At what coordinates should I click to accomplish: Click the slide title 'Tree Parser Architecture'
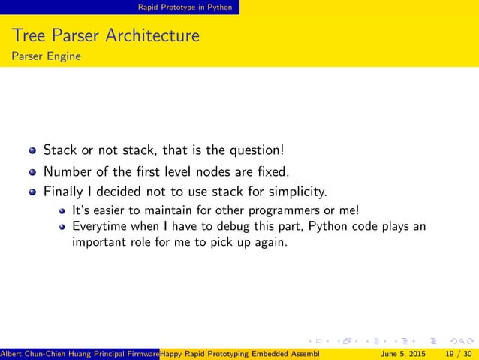point(105,35)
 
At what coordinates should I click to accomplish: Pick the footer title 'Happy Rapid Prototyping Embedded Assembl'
point(240,353)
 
